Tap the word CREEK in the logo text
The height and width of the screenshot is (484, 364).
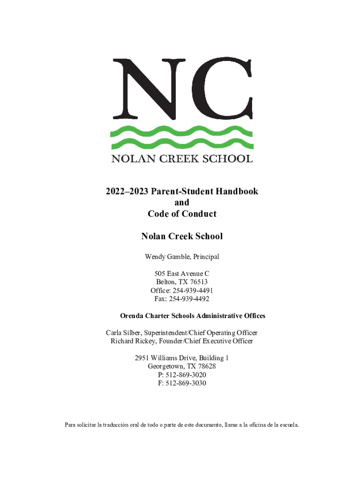tap(182, 159)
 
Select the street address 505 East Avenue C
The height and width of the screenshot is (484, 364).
tap(182, 274)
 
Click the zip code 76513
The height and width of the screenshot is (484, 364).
tap(197, 282)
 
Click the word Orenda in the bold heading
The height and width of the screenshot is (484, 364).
tap(134, 316)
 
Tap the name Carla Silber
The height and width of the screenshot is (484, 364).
tap(123, 333)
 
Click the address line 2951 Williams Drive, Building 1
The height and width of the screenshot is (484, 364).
tap(182, 358)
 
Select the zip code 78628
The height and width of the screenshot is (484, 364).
tap(206, 366)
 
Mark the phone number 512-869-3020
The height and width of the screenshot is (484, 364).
tap(185, 375)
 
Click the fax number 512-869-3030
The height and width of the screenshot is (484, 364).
tap(185, 383)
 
